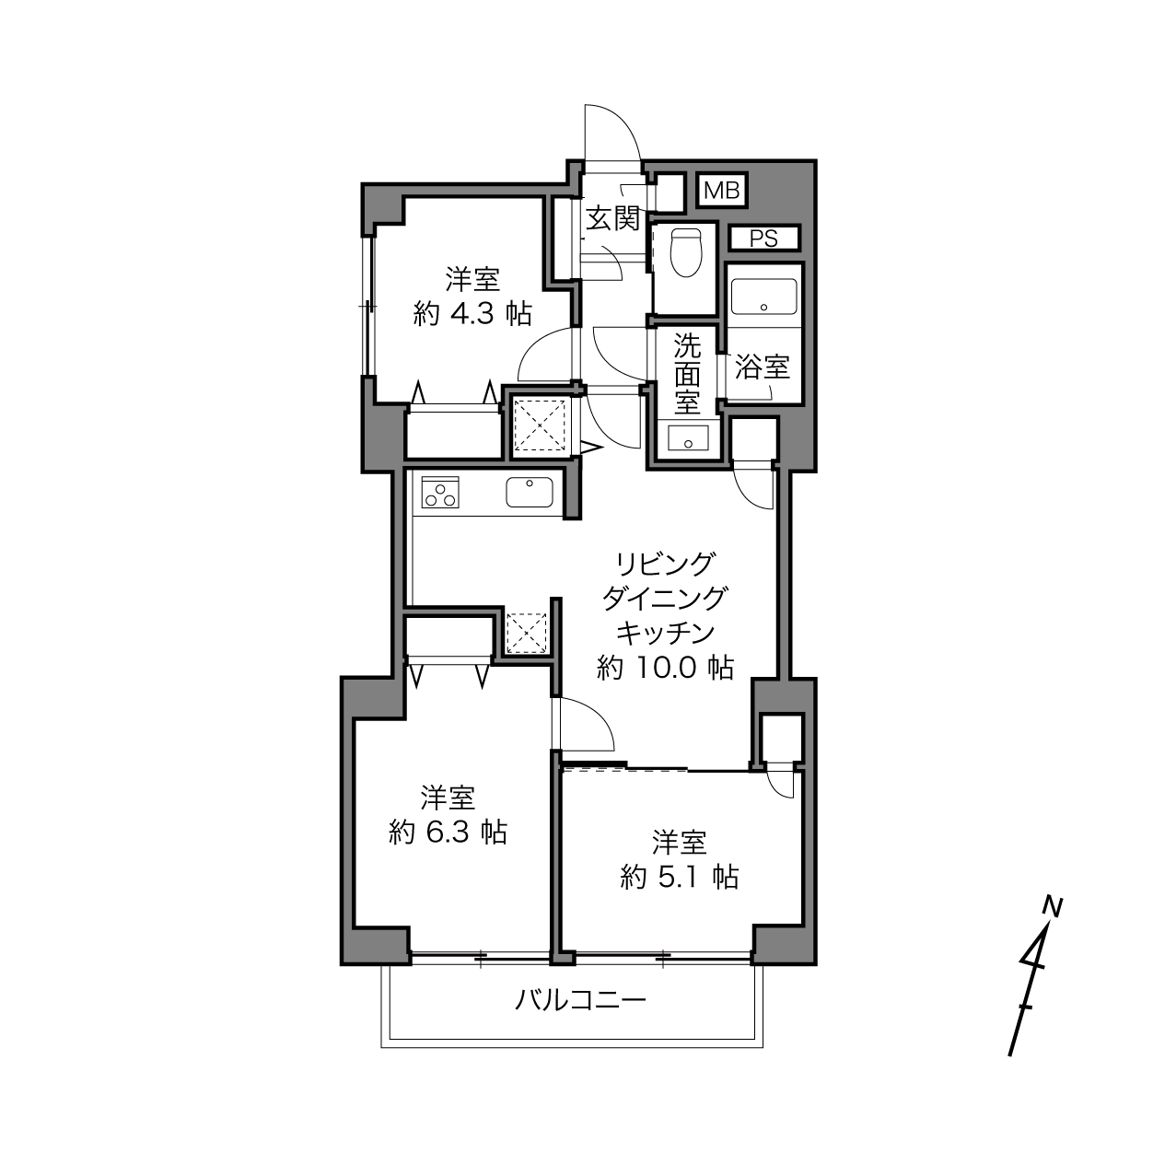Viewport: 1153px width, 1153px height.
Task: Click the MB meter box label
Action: click(x=722, y=191)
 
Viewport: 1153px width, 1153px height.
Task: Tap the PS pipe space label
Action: click(x=764, y=239)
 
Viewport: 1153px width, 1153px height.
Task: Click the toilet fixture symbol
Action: click(x=686, y=253)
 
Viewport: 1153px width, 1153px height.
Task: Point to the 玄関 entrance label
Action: click(x=612, y=218)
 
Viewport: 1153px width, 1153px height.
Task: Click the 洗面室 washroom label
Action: click(x=688, y=373)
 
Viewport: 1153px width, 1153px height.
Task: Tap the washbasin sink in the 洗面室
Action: click(x=688, y=437)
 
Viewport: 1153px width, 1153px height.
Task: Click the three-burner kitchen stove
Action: click(x=440, y=492)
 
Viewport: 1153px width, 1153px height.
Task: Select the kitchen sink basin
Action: click(x=530, y=492)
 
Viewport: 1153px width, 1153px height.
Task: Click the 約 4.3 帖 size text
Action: click(x=472, y=313)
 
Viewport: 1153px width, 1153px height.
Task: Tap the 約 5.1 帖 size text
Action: click(x=680, y=877)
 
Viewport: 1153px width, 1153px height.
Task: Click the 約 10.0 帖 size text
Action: click(x=665, y=668)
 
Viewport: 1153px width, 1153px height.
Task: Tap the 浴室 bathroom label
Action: click(x=763, y=367)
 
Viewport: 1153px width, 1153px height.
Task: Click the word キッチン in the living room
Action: click(x=665, y=633)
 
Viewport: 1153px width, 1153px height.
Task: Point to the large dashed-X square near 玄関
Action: click(x=541, y=425)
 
